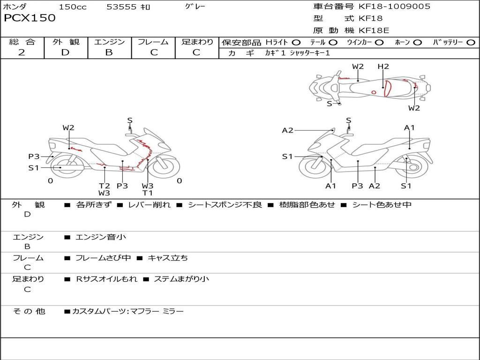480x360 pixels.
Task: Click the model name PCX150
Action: click(30, 18)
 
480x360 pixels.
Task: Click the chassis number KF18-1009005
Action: click(394, 7)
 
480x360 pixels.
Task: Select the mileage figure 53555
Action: click(121, 7)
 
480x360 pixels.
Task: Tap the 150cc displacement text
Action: click(72, 7)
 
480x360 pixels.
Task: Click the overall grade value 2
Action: click(22, 52)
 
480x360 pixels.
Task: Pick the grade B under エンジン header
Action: click(109, 52)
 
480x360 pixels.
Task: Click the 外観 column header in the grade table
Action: click(66, 42)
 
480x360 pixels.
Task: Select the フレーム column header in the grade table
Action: click(153, 42)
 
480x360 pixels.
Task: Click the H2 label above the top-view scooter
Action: click(383, 67)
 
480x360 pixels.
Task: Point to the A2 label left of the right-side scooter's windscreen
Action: click(287, 130)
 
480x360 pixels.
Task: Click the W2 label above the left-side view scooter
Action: click(68, 127)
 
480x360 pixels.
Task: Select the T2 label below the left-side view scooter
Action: click(104, 186)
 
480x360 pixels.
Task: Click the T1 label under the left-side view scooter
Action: click(148, 193)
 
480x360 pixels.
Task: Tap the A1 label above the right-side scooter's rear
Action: click(409, 127)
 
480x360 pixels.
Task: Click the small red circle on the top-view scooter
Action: click(374, 92)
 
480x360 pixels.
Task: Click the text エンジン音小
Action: click(101, 237)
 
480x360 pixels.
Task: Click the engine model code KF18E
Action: click(374, 30)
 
